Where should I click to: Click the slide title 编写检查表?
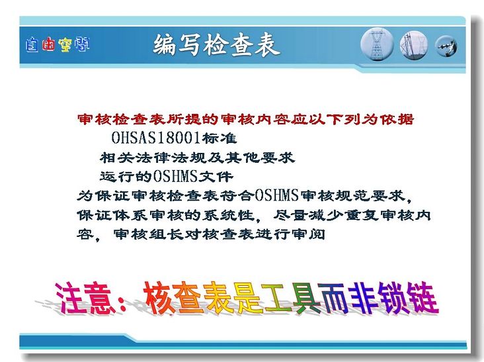tap(216, 46)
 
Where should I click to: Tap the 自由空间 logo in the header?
tap(58, 45)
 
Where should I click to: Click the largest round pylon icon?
tap(377, 44)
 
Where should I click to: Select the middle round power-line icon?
tap(414, 46)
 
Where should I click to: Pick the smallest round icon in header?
tap(446, 46)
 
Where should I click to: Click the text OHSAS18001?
tap(156, 138)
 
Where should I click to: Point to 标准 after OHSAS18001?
tap(220, 138)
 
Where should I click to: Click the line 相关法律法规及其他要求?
tap(197, 158)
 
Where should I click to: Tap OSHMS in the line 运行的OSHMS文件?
tap(175, 177)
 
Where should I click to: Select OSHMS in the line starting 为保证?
tap(277, 195)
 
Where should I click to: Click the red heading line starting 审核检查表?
tap(245, 119)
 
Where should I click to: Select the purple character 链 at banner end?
tap(423, 298)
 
